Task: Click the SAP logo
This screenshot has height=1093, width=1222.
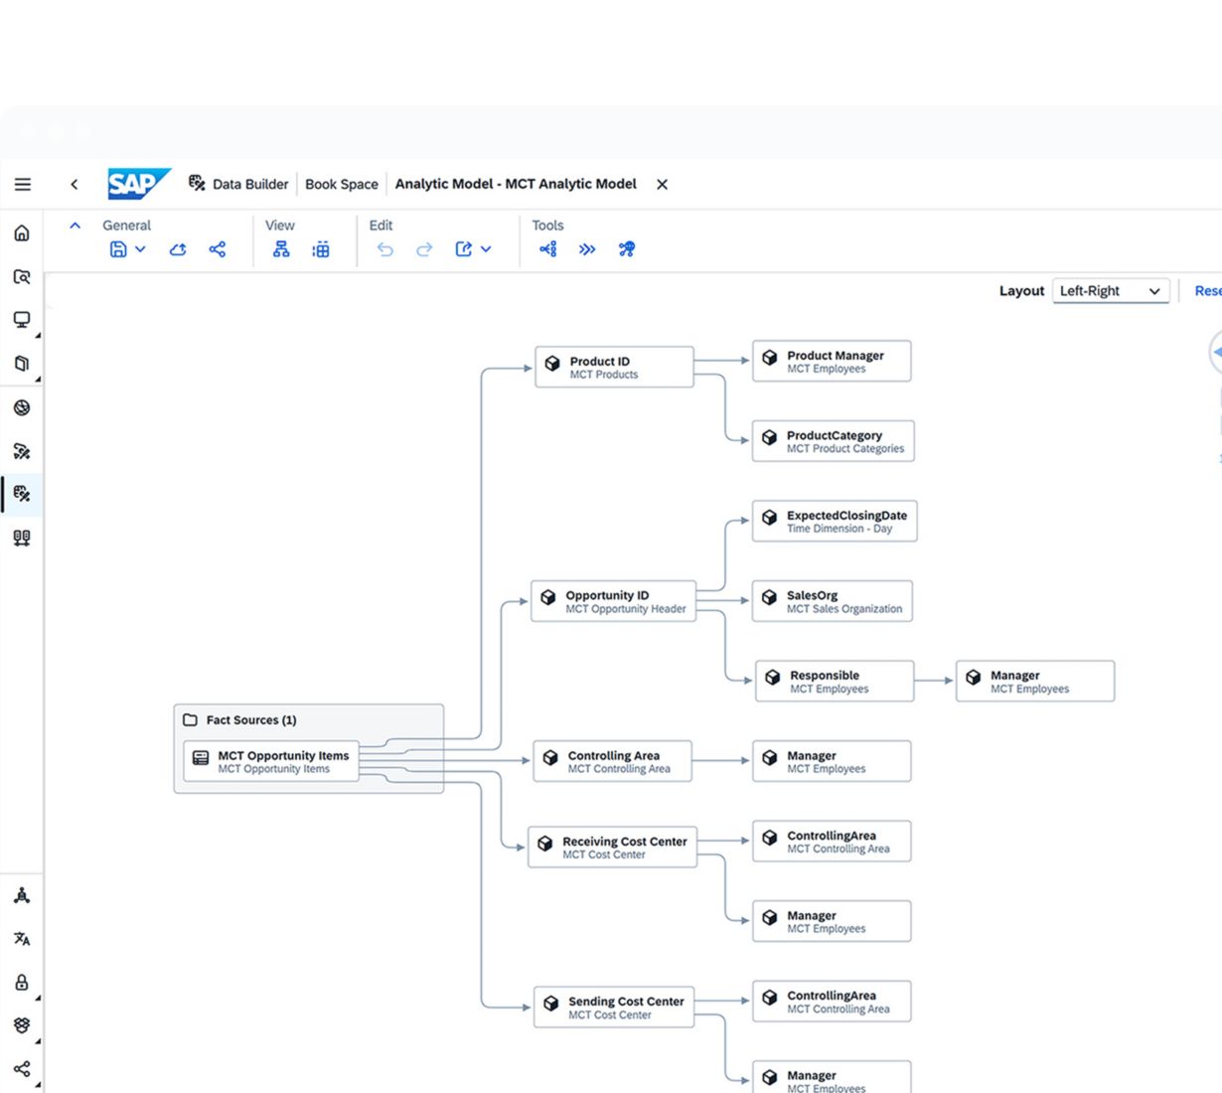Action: [139, 184]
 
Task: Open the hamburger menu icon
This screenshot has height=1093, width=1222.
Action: [23, 184]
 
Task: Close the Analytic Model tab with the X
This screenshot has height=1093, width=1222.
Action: [662, 185]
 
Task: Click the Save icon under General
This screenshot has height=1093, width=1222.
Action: [118, 249]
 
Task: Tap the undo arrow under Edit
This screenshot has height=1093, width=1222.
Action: [384, 249]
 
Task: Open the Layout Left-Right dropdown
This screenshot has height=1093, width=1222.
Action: [1111, 291]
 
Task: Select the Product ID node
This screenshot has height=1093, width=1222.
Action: [614, 367]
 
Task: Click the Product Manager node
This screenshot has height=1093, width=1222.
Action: [832, 361]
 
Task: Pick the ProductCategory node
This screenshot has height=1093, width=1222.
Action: [833, 441]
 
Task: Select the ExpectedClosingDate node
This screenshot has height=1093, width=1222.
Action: [835, 522]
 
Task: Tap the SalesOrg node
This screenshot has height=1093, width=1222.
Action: [832, 601]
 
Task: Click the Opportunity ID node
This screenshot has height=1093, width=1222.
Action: [613, 601]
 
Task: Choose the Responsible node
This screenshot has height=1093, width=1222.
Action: [835, 681]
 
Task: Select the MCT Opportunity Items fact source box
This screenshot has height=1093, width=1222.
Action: [271, 761]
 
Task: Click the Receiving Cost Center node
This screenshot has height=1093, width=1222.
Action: [612, 847]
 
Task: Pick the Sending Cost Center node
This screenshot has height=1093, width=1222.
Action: [613, 1007]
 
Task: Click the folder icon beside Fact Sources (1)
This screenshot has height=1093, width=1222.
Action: [190, 719]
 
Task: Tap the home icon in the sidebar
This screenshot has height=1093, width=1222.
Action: [22, 233]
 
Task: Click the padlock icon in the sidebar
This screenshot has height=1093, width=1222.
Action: [22, 982]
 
